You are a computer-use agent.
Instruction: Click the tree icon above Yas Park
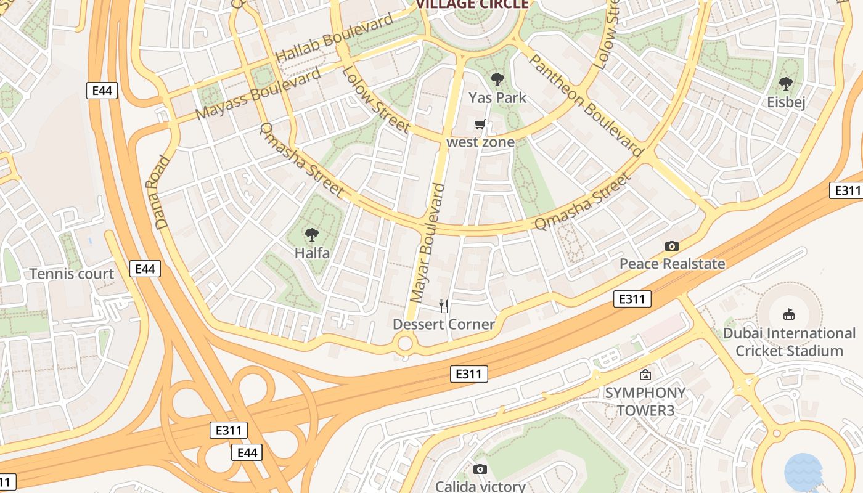click(x=497, y=79)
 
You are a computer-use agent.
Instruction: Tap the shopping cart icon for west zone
click(x=480, y=124)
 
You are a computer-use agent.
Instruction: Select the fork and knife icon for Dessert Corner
click(x=443, y=306)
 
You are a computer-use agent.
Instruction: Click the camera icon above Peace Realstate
click(x=671, y=246)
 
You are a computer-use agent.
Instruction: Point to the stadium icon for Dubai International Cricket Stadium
click(x=788, y=315)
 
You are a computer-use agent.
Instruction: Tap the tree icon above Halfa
click(x=312, y=235)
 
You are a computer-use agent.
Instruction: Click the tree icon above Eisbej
click(x=785, y=84)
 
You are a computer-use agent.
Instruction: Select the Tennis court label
click(x=72, y=274)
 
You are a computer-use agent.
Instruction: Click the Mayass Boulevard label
click(x=258, y=93)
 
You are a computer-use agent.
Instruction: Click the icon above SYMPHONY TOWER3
click(x=645, y=374)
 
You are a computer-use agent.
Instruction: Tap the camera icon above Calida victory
click(x=480, y=470)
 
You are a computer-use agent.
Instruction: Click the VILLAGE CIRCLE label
click(x=472, y=4)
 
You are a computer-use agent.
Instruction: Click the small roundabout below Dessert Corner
click(x=405, y=343)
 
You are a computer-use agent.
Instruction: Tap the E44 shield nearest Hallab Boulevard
click(x=102, y=91)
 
